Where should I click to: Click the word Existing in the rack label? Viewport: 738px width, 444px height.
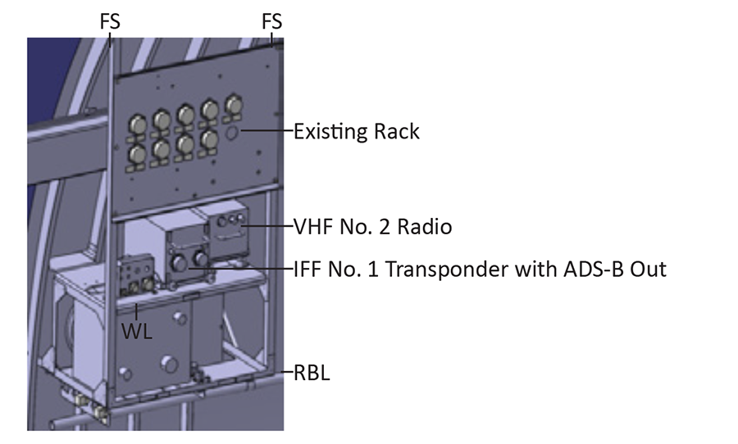(x=333, y=131)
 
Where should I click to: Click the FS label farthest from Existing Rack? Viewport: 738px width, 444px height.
(x=109, y=22)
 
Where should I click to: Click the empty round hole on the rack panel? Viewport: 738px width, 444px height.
(x=232, y=131)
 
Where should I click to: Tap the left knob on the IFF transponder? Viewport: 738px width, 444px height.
(x=175, y=262)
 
